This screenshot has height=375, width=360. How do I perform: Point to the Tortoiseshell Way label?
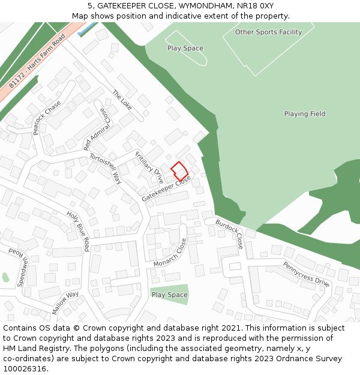pyautogui.click(x=106, y=168)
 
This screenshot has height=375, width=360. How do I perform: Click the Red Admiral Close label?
pyautogui.click(x=97, y=129)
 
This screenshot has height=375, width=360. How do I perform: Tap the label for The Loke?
pyautogui.click(x=122, y=100)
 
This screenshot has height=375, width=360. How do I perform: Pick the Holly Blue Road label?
pyautogui.click(x=78, y=231)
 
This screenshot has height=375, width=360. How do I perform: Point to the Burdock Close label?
pyautogui.click(x=229, y=234)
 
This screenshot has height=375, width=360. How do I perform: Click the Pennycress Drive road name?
pyautogui.click(x=306, y=274)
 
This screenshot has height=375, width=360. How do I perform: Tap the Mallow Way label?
pyautogui.click(x=65, y=302)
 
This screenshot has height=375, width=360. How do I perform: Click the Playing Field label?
pyautogui.click(x=305, y=114)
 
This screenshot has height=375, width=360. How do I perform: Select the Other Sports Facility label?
pyautogui.click(x=268, y=32)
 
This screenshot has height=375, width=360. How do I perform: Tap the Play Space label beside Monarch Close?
pyautogui.click(x=169, y=295)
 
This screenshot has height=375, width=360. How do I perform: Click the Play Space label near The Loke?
pyautogui.click(x=185, y=49)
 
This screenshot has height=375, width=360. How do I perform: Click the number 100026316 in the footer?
pyautogui.click(x=25, y=368)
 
